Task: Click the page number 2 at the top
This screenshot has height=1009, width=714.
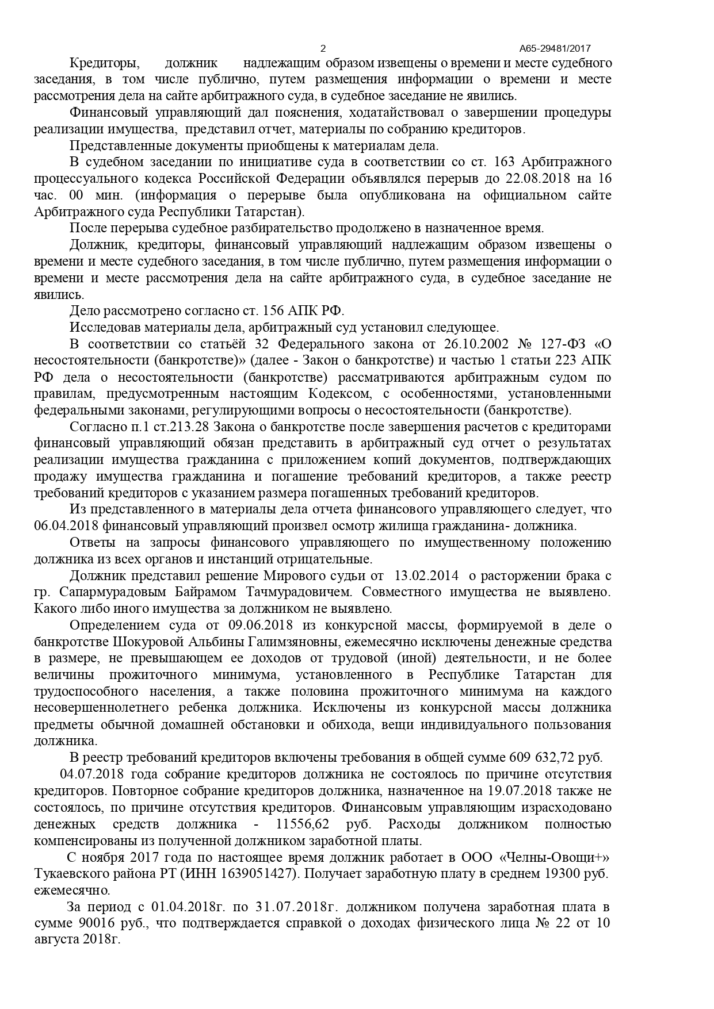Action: [323, 49]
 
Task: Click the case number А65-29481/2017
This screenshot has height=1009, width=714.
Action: [555, 49]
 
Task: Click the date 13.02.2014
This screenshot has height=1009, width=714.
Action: [426, 576]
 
